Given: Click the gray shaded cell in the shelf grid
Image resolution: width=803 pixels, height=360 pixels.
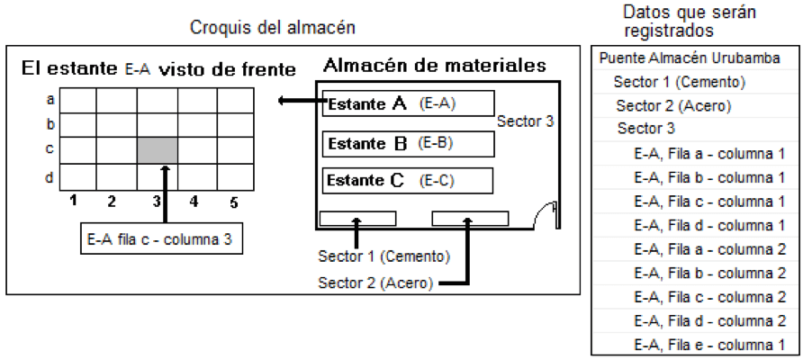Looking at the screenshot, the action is [158, 150].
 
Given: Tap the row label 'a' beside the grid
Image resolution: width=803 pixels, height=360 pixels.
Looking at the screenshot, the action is [50, 99].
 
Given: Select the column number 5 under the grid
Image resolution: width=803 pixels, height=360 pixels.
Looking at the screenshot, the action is [233, 202].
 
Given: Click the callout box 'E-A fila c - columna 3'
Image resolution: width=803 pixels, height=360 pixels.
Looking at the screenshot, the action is [161, 238].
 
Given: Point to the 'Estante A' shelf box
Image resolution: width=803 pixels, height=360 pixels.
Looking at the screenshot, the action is [408, 103].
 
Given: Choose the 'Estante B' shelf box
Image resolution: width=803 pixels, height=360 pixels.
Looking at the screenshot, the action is [408, 144].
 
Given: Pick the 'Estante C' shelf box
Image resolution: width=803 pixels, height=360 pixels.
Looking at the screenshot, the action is [408, 181].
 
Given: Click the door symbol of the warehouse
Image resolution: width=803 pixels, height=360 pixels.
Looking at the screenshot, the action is [545, 215].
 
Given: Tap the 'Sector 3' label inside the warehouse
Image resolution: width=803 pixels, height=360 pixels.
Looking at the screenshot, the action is [526, 121].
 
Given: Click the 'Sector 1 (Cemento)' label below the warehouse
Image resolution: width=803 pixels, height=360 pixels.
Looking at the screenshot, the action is [384, 256].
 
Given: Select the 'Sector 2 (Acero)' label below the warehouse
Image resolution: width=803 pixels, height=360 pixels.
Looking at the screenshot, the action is [375, 283].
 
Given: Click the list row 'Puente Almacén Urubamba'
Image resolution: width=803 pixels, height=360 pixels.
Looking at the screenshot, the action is [690, 58].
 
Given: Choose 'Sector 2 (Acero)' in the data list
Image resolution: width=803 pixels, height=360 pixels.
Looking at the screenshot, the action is [673, 106].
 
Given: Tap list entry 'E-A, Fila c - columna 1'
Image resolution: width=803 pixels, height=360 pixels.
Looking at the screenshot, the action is [709, 202].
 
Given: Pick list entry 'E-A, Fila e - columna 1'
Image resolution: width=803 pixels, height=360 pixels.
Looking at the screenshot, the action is [709, 345].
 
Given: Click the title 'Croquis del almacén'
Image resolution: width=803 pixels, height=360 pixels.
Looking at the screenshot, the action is [273, 28].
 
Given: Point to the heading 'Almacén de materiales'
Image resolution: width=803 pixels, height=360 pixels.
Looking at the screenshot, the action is [435, 66].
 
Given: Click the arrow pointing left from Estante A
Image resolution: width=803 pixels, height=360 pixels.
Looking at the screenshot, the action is [302, 101].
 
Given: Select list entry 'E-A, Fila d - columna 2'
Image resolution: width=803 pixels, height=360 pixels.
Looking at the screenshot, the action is [709, 321].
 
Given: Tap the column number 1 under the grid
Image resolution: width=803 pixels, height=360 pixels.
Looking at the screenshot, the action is [74, 201].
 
